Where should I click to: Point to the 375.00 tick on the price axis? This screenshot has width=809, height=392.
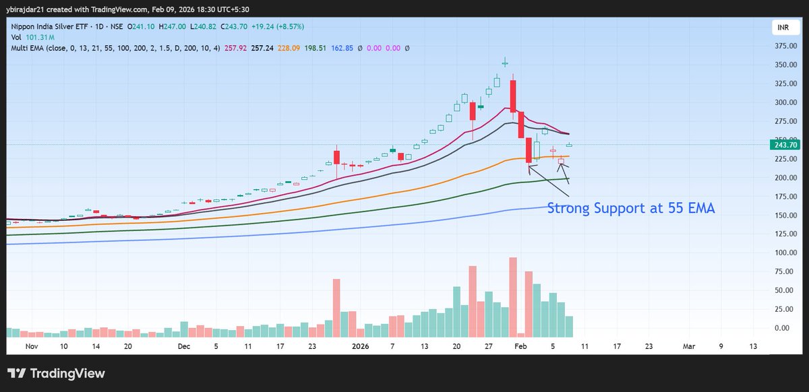(785, 46)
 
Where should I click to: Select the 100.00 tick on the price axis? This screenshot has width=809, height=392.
(785, 253)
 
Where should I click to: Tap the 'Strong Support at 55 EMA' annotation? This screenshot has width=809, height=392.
(630, 209)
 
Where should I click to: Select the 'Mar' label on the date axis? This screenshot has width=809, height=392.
(688, 346)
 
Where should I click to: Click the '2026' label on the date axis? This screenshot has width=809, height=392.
(361, 346)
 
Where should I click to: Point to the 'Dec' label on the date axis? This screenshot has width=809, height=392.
(183, 346)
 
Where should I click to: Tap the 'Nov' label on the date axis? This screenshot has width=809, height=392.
(31, 346)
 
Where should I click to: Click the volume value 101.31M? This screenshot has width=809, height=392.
(41, 38)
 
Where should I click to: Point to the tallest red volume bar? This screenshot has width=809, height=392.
(513, 296)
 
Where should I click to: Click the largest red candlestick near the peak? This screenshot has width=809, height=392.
(513, 96)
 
